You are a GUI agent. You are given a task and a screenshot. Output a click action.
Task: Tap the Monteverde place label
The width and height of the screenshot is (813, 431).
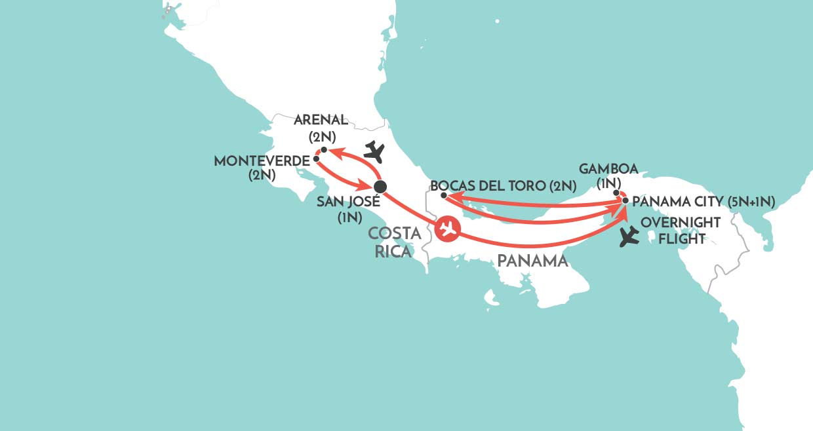(262, 160)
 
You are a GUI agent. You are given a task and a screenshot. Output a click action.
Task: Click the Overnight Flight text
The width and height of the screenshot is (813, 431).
(681, 231)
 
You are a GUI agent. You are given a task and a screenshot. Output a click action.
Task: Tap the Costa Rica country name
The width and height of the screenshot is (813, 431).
(393, 242)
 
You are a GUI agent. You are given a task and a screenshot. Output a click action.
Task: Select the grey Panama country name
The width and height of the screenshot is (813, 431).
(532, 261)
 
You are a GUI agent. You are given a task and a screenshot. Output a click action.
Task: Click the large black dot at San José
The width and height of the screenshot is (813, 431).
(380, 187)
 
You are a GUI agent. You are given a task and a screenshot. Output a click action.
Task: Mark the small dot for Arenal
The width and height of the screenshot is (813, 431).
(324, 150)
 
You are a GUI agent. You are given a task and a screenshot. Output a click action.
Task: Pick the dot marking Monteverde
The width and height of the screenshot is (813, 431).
(316, 159)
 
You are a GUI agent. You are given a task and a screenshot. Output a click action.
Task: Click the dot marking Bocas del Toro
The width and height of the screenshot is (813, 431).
(444, 195)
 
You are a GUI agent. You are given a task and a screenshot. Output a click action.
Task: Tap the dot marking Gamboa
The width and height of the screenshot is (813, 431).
(616, 193)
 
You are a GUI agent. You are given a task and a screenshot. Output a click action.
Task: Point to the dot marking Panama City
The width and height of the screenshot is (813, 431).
(625, 200)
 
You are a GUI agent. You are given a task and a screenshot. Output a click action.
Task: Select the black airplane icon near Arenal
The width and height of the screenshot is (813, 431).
(374, 152)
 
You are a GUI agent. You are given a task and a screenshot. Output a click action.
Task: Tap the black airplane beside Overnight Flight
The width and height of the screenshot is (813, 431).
(629, 236)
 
